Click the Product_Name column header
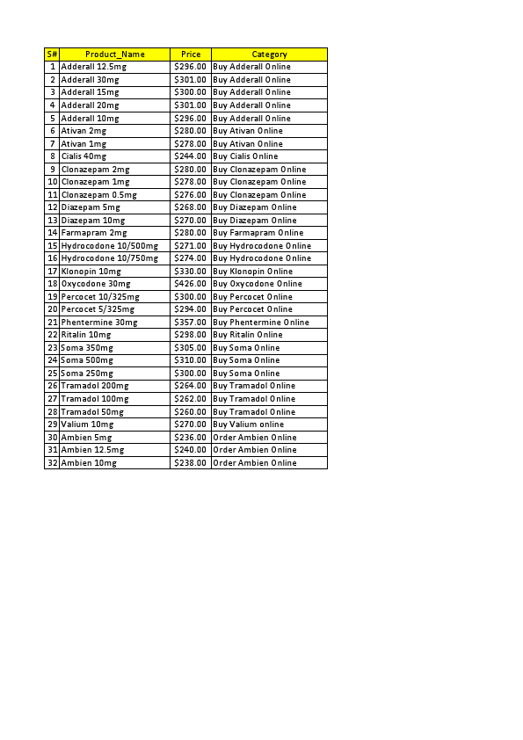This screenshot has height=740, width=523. pos(114,54)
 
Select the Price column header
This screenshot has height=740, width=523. pos(191,54)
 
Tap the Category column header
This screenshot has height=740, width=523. pos(269,54)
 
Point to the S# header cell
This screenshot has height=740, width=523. pos(52,54)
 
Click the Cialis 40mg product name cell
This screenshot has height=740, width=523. pos(84,156)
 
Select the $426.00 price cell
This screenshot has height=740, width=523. pos(191,284)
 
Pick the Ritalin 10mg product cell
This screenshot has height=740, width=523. pos(86,335)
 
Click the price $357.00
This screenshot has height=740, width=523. pos(191,323)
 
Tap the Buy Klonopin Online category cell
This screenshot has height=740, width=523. pos(253,272)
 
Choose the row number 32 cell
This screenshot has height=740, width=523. pos(52,462)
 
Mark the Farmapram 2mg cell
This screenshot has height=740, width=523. pos(94,233)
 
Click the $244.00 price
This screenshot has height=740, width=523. pos(191,156)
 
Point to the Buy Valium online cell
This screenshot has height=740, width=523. pos(249,424)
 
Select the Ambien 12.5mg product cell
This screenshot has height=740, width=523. pos(92,450)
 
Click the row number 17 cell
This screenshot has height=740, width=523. pos(52,272)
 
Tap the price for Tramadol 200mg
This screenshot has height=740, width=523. pos(191,386)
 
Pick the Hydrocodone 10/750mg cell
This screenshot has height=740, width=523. pos(110,258)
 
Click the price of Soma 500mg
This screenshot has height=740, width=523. pos(191,360)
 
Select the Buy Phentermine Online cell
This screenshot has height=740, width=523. pos(261,323)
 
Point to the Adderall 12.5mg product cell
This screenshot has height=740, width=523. pos(94,67)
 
